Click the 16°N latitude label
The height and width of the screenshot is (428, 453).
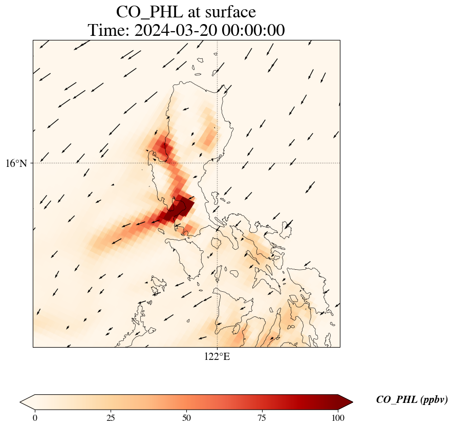[19, 163]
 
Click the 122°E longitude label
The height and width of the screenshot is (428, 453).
[217, 357]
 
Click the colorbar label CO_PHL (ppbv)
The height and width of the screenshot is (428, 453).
[412, 400]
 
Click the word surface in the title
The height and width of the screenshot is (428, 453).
[230, 11]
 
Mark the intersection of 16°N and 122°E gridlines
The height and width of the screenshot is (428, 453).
[218, 163]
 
